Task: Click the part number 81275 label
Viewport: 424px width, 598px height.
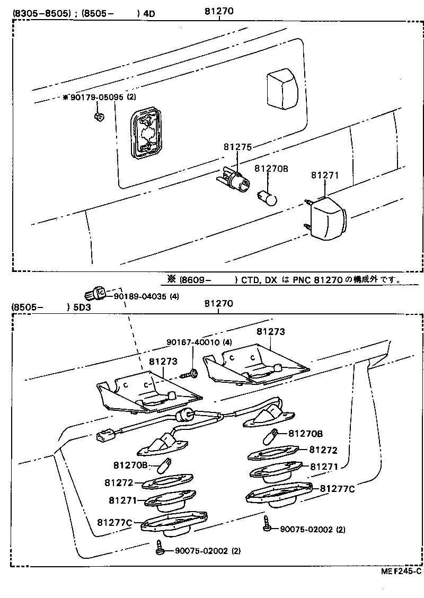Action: pyautogui.click(x=237, y=147)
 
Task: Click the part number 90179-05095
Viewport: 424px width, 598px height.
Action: pyautogui.click(x=98, y=97)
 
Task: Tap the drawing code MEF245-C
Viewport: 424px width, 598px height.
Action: pyautogui.click(x=400, y=571)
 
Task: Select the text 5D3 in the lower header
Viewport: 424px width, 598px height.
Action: pyautogui.click(x=82, y=307)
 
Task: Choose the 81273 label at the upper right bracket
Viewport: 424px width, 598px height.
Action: pyautogui.click(x=270, y=332)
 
